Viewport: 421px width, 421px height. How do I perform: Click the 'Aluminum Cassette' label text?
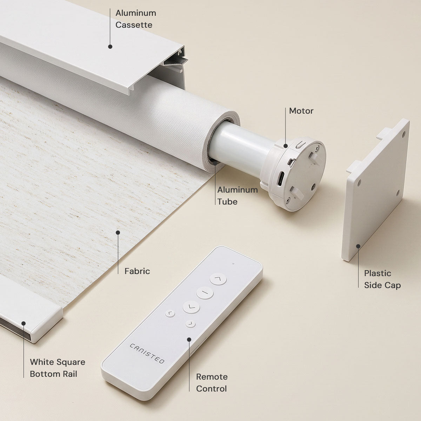(x=136, y=19)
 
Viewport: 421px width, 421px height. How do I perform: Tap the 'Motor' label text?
(x=301, y=111)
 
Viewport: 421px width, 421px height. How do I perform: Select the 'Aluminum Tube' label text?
(x=238, y=195)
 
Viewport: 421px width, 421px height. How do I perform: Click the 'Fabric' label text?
(x=137, y=271)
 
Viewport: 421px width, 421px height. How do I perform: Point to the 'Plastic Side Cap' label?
(x=382, y=279)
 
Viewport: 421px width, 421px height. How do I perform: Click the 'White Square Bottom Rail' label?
(x=58, y=368)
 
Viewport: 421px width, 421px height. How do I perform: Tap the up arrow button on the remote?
(x=218, y=279)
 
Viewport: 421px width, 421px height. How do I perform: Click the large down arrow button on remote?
(x=191, y=307)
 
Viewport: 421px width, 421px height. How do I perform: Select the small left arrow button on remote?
(x=170, y=314)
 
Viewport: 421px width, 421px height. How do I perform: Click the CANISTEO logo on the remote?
(x=147, y=354)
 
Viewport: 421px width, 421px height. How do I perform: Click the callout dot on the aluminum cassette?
(x=110, y=47)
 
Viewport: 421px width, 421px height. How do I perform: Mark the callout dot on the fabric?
(x=118, y=232)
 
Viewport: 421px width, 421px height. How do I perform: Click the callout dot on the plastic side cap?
(x=358, y=246)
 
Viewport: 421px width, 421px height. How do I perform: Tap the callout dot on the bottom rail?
(x=24, y=323)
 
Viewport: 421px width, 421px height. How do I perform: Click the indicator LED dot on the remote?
(x=233, y=264)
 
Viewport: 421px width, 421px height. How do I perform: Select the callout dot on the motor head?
(x=286, y=146)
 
